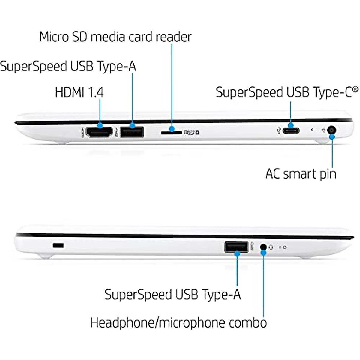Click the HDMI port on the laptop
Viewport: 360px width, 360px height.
point(99,132)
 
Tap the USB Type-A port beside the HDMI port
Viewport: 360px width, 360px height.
point(132,132)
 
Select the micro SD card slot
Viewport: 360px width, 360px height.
point(172,132)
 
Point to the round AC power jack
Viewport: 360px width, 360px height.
point(331,130)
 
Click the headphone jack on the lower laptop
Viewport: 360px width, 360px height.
point(263,247)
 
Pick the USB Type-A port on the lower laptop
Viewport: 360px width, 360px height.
point(236,247)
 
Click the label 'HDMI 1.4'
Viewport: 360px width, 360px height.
point(79,92)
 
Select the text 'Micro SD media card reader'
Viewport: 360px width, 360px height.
point(115,37)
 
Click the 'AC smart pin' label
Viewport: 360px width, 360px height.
point(301,174)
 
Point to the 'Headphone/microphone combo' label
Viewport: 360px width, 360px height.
point(178,323)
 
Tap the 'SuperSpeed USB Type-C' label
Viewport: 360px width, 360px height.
point(284,92)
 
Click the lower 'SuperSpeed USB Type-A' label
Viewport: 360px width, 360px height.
point(172,295)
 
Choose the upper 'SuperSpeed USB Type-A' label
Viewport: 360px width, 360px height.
point(68,66)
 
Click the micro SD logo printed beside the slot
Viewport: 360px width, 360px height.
point(191,132)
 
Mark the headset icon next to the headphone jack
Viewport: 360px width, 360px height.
point(271,247)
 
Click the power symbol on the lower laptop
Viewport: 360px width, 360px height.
point(284,247)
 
